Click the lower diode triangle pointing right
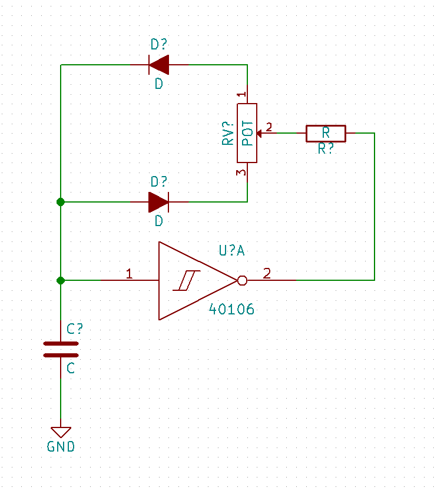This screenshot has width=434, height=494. tap(158, 202)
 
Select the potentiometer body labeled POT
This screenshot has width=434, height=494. tap(247, 133)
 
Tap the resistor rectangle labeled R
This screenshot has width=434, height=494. tap(326, 133)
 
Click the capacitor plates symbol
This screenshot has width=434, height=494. tap(61, 349)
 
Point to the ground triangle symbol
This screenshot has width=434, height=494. tap(61, 432)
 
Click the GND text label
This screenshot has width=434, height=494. tap(61, 447)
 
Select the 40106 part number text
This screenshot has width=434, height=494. tap(231, 309)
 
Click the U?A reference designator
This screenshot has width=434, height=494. tap(231, 251)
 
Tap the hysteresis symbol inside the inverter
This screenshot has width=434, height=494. tap(187, 280)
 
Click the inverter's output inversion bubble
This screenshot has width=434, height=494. tap(242, 280)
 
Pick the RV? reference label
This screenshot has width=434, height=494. tap(227, 133)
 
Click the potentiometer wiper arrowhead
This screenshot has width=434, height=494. tap(259, 133)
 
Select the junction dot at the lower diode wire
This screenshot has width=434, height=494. tap(61, 202)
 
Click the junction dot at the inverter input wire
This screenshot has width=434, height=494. tap(61, 280)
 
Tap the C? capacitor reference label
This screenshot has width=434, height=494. tap(75, 329)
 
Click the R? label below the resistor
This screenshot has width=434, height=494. tap(326, 148)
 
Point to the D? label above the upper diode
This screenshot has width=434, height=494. tap(158, 44)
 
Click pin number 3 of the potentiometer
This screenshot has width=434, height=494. tap(241, 173)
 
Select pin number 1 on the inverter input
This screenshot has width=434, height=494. tap(129, 273)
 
